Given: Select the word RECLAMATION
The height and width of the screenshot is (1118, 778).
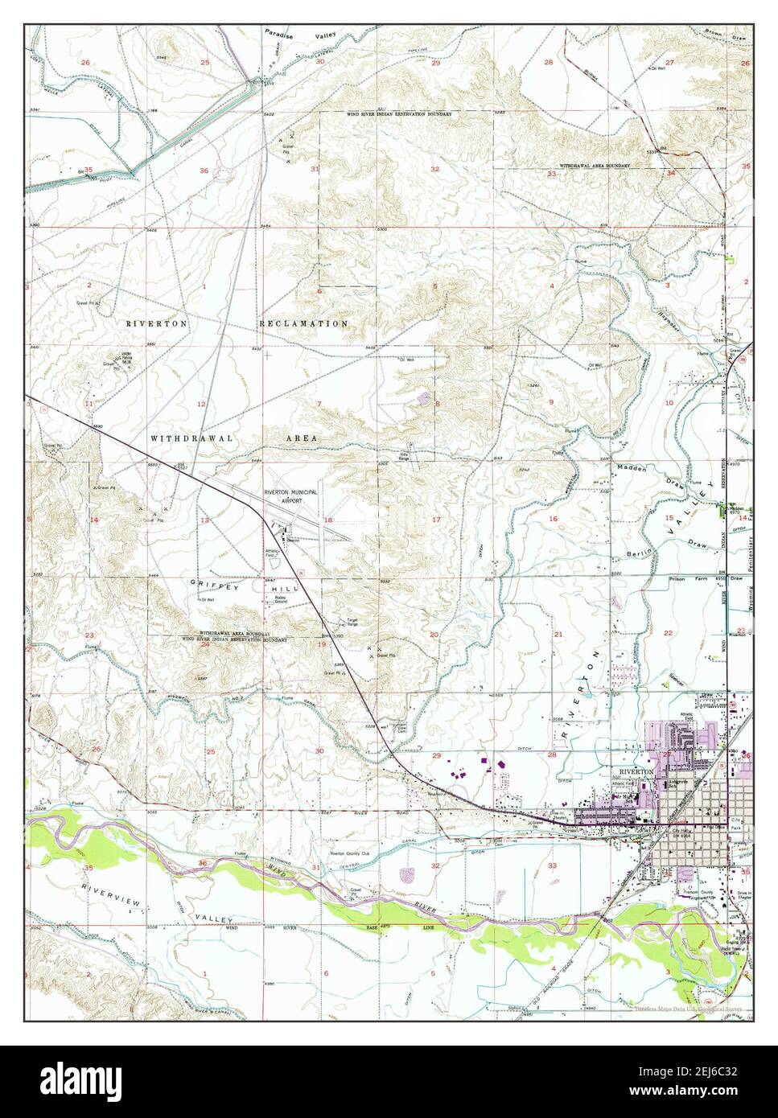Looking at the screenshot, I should coord(303,323).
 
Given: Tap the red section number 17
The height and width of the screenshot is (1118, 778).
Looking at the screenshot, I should coord(436,520).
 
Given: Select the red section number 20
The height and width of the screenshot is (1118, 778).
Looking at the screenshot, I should coord(434,635).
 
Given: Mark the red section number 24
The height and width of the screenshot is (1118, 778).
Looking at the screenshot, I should coord(205,644).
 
